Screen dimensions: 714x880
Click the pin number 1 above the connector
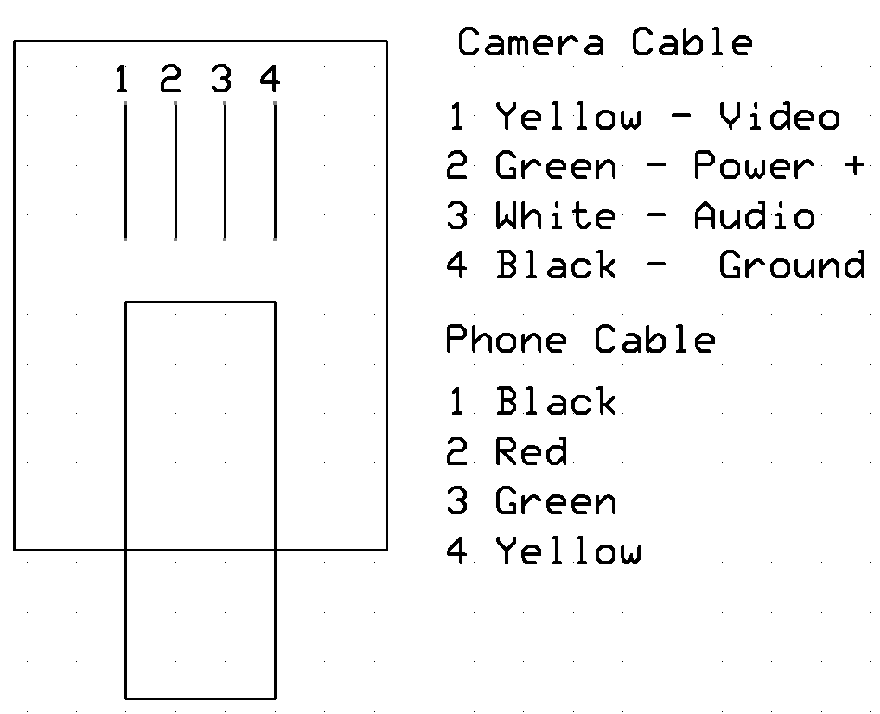122,80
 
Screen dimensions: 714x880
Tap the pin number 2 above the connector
171,80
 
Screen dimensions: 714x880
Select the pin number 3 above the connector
221,80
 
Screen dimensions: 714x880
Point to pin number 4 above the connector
271,80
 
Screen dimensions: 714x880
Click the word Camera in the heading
531,42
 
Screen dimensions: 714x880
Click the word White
556,216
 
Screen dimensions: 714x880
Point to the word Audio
755,216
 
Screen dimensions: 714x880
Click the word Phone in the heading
506,340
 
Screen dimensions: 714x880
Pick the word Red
531,451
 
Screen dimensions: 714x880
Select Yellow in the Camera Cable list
568,117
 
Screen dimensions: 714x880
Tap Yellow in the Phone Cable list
568,551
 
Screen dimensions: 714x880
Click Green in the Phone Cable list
556,501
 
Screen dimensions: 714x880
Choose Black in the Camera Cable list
556,265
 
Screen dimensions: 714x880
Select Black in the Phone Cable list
556,402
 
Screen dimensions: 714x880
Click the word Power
755,166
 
